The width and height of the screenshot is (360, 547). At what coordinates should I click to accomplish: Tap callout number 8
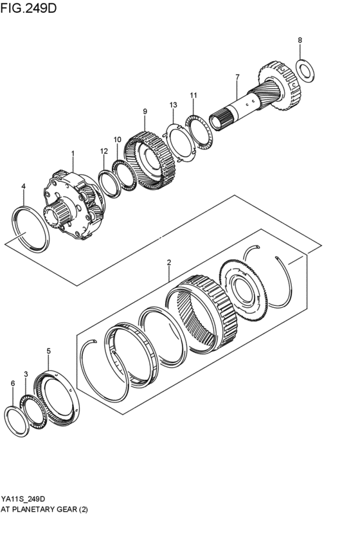click(300, 40)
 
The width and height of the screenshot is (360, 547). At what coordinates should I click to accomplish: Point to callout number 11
click(193, 95)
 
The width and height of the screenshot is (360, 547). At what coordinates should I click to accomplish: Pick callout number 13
click(173, 105)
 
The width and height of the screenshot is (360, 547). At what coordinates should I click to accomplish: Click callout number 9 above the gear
click(145, 111)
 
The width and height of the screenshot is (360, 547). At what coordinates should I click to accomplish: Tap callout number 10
click(117, 139)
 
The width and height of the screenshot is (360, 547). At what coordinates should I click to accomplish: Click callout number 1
click(73, 154)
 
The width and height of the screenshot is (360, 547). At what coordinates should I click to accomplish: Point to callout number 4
click(23, 186)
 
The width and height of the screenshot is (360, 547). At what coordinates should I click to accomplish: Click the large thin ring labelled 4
click(32, 229)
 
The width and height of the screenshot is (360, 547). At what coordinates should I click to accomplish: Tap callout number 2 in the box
click(168, 262)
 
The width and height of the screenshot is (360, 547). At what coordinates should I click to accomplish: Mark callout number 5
click(49, 351)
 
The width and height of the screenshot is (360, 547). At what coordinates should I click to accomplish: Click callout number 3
click(26, 373)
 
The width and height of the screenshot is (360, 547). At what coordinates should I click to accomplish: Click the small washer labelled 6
click(16, 421)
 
